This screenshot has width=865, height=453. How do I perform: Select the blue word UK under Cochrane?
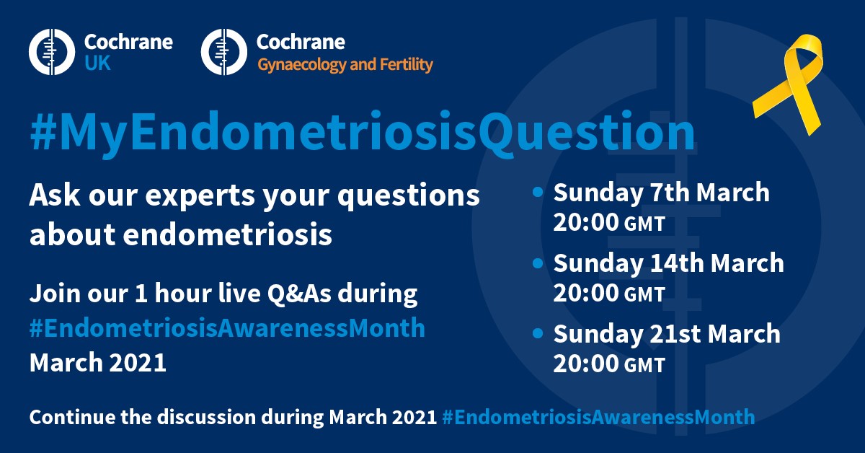(x=97, y=63)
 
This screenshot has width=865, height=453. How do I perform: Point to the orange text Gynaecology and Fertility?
(x=345, y=65)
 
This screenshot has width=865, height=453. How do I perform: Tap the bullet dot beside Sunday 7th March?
(x=538, y=192)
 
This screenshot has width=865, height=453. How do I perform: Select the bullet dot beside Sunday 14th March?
(x=538, y=263)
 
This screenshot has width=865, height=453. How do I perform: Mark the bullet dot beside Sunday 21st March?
(x=538, y=333)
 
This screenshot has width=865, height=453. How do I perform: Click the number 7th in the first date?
(x=670, y=192)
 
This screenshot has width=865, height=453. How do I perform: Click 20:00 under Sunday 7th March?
(x=586, y=222)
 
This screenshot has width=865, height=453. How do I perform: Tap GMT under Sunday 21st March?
(x=644, y=365)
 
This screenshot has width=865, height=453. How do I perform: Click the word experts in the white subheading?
(x=200, y=196)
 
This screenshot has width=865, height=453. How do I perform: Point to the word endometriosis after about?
(x=228, y=234)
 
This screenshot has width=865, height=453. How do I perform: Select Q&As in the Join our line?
(x=299, y=294)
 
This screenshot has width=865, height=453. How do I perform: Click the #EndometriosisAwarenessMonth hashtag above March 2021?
(x=227, y=327)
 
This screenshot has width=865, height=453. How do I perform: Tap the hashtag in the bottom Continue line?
(x=598, y=418)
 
